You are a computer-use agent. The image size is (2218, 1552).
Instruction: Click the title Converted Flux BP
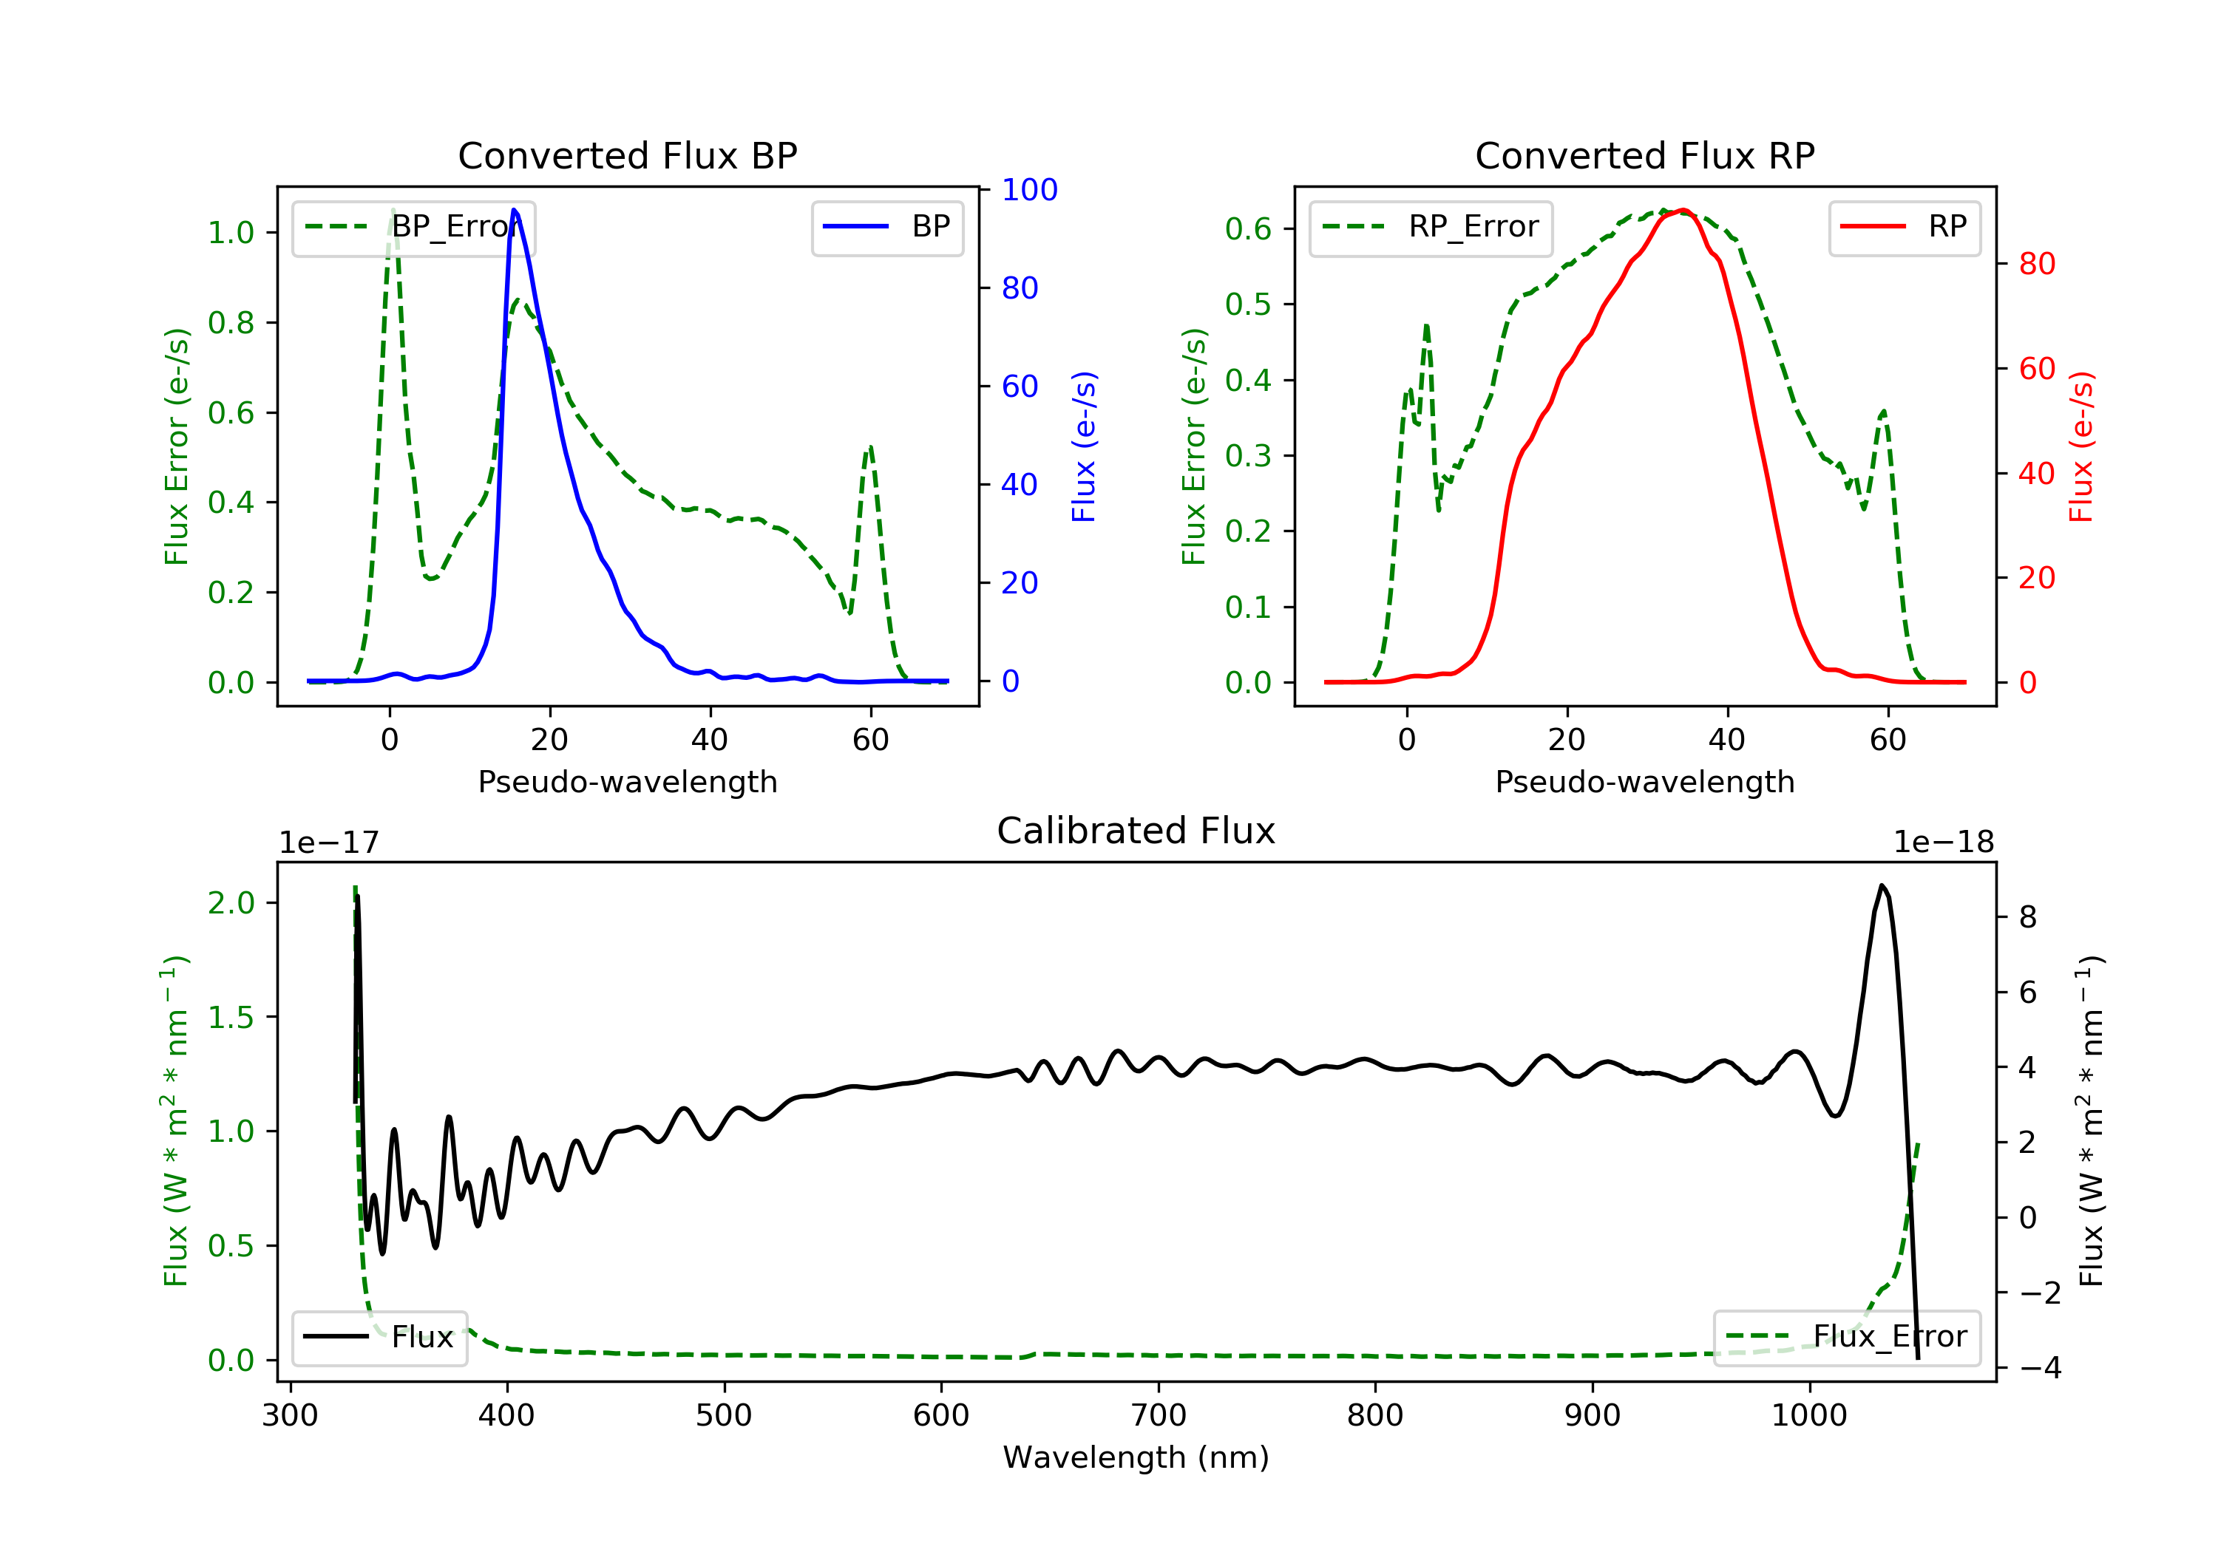coord(628,155)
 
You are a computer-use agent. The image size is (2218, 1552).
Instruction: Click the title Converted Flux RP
coord(1645,155)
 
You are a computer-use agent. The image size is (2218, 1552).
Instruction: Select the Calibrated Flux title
coord(1136,831)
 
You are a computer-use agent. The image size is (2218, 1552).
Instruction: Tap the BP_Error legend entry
coord(413,227)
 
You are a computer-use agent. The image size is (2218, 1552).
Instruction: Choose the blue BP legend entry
coord(886,227)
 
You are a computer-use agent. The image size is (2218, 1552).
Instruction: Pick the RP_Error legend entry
coord(1431,227)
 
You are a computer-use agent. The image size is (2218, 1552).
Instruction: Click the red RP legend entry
coord(1904,227)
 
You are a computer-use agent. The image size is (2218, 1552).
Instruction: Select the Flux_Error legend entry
coord(1846,1337)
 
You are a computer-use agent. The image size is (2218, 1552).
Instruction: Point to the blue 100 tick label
coord(1030,190)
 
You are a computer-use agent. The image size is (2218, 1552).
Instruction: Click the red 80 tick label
coord(2038,264)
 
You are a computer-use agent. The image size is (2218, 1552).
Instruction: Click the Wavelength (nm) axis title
coord(1136,1457)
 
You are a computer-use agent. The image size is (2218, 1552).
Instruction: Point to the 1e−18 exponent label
coord(1944,843)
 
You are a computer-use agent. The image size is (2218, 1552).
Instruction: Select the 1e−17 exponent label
coord(330,843)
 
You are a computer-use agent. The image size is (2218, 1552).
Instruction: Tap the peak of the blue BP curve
coord(514,210)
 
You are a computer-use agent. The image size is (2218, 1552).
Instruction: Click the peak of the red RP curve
coord(1683,210)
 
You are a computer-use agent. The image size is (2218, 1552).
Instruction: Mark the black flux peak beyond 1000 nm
coord(1882,885)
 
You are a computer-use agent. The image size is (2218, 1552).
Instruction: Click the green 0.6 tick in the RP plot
coord(1248,229)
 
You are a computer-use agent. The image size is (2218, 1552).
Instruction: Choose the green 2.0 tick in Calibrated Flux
coord(231,903)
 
